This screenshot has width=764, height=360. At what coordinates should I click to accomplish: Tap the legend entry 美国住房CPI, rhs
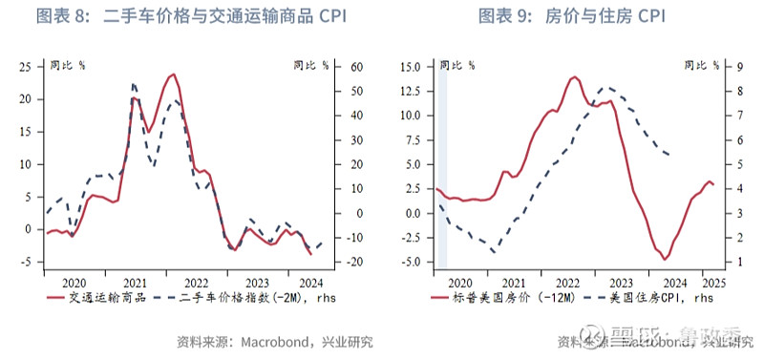660,297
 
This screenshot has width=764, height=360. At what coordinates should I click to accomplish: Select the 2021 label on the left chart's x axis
135,283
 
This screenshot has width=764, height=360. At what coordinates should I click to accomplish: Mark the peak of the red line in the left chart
173,74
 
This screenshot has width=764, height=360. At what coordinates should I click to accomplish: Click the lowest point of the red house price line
664,259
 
